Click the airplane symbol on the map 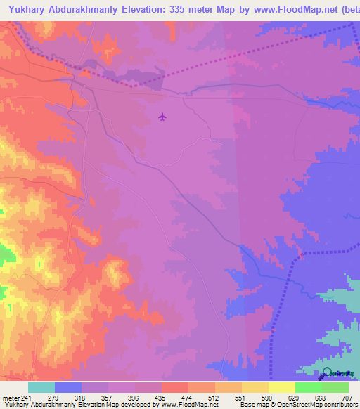click(163, 116)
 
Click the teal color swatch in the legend click(41, 388)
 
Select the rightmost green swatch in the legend click(335, 388)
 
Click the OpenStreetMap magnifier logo click(327, 373)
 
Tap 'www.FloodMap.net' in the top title click(295, 8)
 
